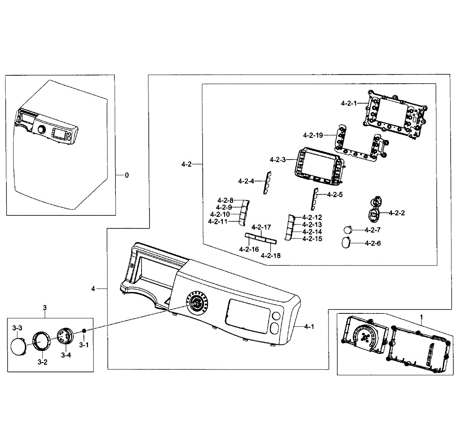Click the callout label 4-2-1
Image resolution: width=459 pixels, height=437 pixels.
pos(348,103)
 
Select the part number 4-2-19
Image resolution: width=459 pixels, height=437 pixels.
pos(313,135)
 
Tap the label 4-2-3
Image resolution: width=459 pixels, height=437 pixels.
pos(278,160)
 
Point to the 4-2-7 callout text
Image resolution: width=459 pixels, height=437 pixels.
pos(373,230)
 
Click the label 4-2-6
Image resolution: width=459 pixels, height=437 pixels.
pos(373,243)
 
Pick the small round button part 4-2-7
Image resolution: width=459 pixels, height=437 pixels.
pos(348,230)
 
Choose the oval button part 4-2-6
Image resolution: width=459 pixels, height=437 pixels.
pos(346,243)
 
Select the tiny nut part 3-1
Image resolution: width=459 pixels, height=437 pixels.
pos(84,331)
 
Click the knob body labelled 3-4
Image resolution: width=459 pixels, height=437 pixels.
pos(64,336)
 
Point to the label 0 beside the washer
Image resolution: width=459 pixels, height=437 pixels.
pos(127,175)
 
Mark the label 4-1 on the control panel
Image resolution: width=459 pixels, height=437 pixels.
pos(309,326)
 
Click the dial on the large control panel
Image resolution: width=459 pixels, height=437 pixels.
pos(197,303)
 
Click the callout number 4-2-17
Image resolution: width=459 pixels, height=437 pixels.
pos(261,227)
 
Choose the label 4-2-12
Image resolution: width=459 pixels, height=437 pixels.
pos(312,217)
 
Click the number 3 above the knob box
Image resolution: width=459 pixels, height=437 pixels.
pos(45,307)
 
